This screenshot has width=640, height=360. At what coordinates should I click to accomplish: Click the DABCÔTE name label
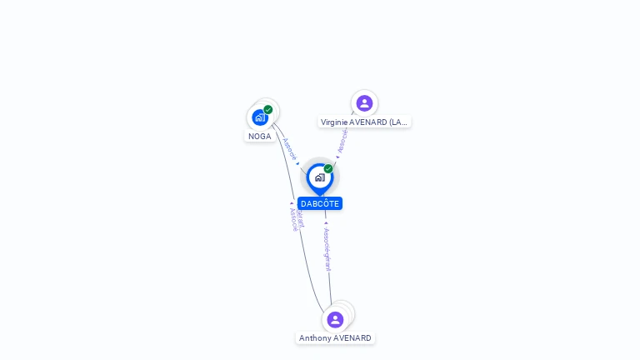click(x=320, y=203)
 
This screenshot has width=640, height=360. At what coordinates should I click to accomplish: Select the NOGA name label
click(x=260, y=136)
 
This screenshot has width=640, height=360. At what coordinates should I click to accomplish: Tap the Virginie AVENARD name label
click(x=364, y=122)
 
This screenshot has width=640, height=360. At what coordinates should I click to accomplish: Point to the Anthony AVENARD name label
click(x=335, y=337)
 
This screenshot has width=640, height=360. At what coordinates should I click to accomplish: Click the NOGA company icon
click(x=259, y=117)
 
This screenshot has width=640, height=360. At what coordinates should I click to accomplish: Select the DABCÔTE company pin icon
click(x=319, y=177)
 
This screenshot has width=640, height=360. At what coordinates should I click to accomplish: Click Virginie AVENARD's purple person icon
click(x=364, y=103)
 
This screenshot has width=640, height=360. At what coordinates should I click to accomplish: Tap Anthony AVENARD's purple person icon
click(x=335, y=319)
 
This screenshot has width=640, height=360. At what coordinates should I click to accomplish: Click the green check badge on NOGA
click(x=268, y=109)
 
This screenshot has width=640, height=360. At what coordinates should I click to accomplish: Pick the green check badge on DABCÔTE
click(x=328, y=168)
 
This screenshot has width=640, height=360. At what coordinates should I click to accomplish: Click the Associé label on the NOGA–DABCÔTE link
click(x=288, y=148)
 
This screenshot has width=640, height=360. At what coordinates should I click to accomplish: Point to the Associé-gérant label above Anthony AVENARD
click(x=327, y=250)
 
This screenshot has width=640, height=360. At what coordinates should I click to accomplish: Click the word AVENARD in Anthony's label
click(x=352, y=337)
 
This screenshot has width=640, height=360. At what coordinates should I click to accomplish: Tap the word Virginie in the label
click(x=335, y=122)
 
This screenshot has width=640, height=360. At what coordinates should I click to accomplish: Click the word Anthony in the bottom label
click(x=316, y=337)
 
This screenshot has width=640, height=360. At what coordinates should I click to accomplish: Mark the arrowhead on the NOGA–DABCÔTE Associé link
click(x=298, y=163)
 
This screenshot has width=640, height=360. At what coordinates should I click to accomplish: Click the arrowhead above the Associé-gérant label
click(x=326, y=223)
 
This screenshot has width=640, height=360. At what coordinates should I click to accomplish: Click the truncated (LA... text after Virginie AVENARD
click(x=397, y=122)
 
